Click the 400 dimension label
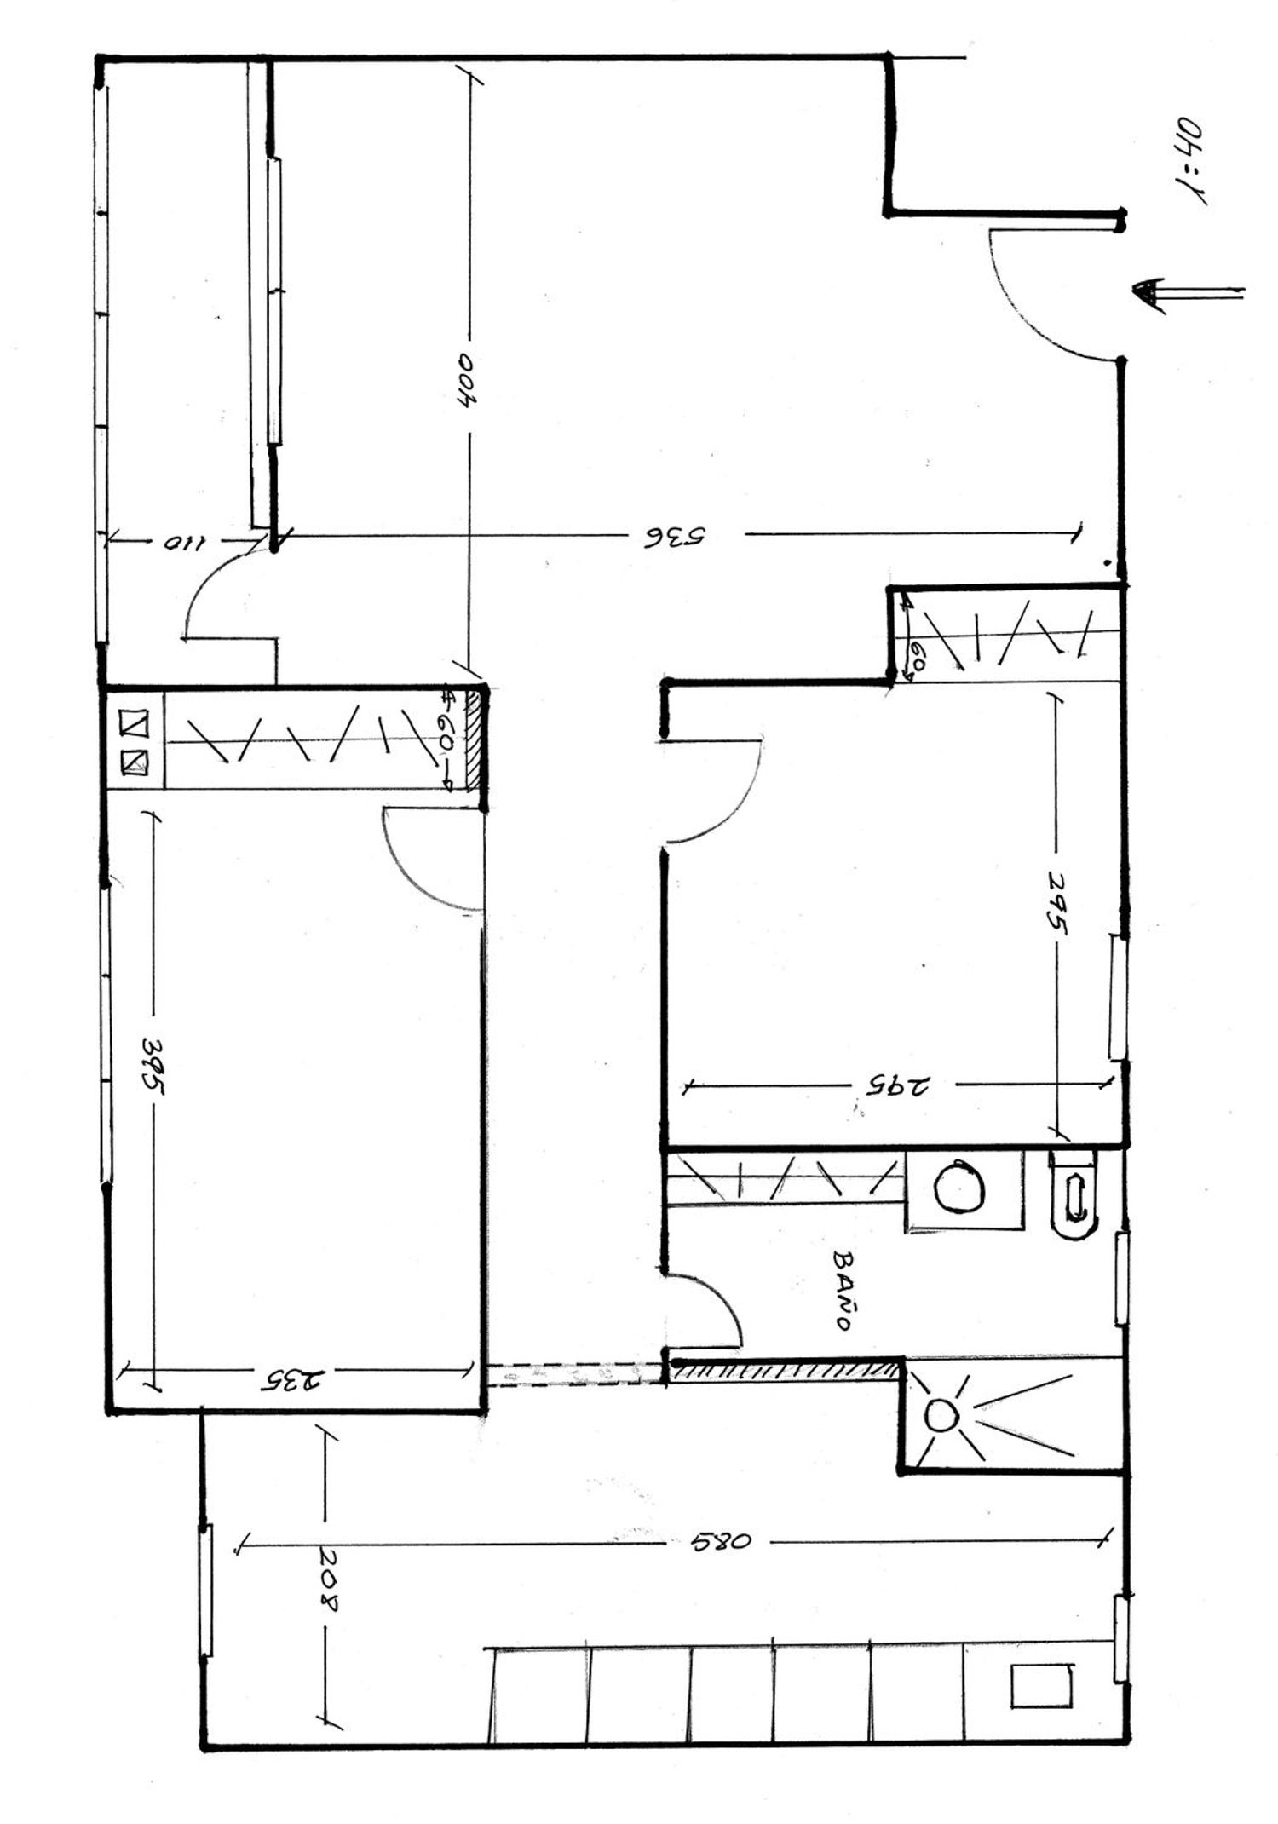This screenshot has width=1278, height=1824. click(x=469, y=381)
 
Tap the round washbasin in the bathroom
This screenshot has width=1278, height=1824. click(x=960, y=1187)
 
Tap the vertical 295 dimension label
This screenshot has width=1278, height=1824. click(x=1057, y=903)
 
